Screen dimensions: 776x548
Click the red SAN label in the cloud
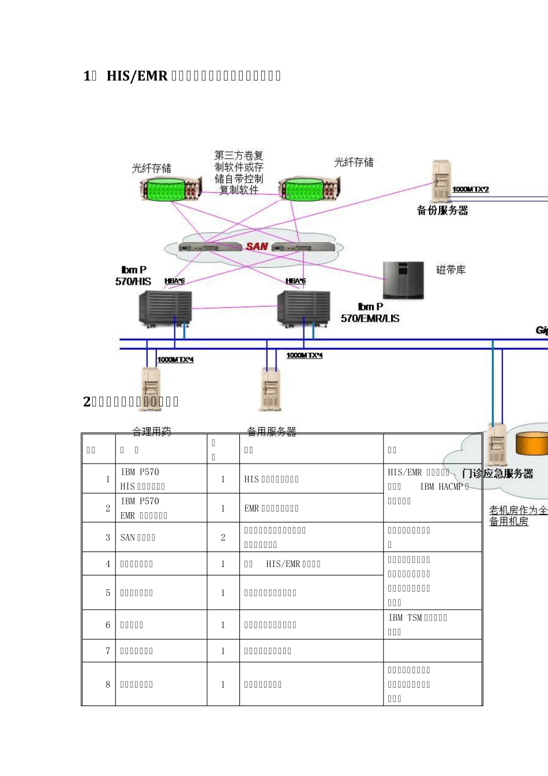257,247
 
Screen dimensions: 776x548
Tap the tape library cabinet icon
403,280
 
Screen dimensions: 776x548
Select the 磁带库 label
451,270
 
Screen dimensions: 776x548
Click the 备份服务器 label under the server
442,210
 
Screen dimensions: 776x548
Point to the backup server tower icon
441,181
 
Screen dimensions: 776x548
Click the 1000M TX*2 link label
471,189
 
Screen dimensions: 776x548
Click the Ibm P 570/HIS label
133,275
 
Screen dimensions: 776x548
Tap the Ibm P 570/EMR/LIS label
370,312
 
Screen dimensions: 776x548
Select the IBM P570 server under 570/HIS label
165,308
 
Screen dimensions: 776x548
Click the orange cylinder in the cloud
531,443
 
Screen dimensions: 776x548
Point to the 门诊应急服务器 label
497,473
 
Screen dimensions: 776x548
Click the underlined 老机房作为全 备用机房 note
518,516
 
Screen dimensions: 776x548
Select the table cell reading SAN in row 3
138,538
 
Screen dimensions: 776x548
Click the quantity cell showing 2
223,538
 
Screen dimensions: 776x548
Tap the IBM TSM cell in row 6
418,624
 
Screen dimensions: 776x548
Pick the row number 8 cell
107,684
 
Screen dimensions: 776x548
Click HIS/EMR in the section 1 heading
137,76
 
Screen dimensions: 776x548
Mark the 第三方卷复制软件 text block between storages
239,172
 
